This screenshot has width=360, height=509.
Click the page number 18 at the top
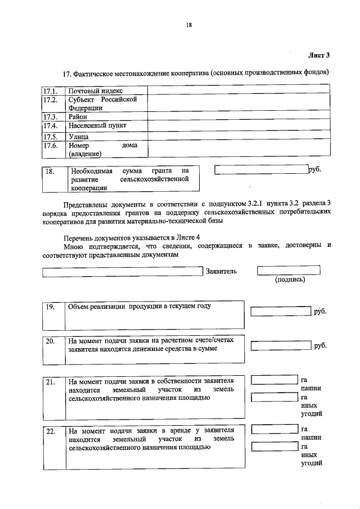click(x=189, y=24)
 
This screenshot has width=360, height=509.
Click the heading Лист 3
click(x=318, y=55)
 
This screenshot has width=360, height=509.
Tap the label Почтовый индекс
click(x=96, y=91)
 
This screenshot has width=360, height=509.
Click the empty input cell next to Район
click(x=238, y=117)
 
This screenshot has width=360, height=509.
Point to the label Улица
click(x=79, y=136)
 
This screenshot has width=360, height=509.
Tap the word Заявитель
click(x=222, y=271)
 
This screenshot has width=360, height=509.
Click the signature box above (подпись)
click(x=289, y=270)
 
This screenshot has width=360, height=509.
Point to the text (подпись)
click(x=290, y=280)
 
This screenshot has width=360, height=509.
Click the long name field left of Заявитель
click(x=122, y=272)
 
